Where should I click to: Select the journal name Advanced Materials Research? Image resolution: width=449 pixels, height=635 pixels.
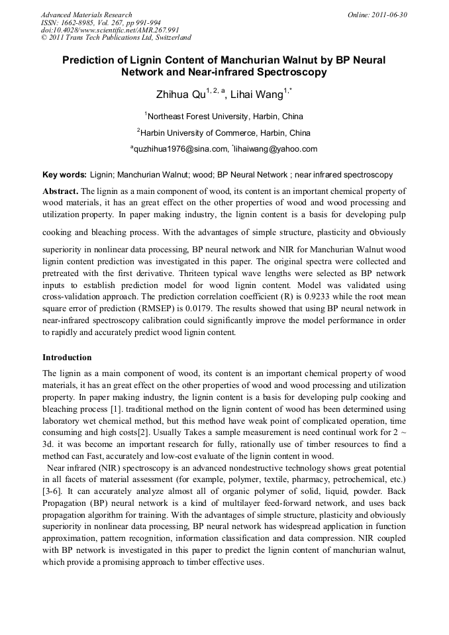coord(86,15)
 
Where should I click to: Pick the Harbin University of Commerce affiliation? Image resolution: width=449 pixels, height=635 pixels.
coord(225,132)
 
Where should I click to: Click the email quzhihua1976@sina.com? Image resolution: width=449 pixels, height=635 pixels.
coord(177,149)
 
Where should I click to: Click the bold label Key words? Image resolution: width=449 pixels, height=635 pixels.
coord(64,175)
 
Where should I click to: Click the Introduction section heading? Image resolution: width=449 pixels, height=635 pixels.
coord(67,358)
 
